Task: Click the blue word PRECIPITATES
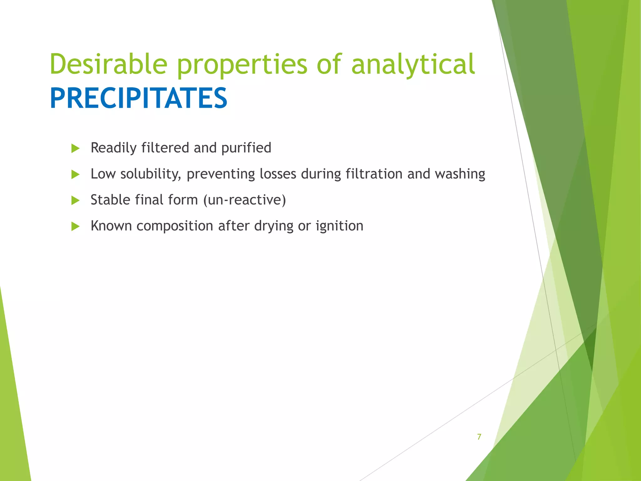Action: (138, 98)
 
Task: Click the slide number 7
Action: (479, 437)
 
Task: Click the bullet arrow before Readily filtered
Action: (75, 148)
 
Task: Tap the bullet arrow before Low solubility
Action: (75, 174)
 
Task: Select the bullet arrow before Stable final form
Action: (75, 200)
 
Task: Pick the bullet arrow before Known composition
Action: (75, 226)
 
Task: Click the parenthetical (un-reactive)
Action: (244, 200)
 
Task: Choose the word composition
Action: (175, 226)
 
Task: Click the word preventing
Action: (221, 174)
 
